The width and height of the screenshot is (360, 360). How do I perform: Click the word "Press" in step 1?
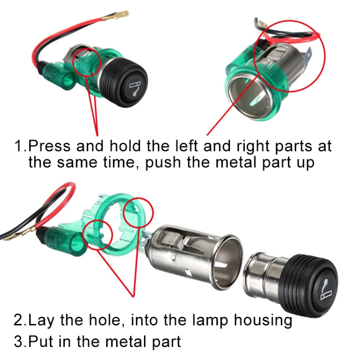click(x=49, y=146)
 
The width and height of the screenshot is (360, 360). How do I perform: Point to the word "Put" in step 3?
click(x=41, y=341)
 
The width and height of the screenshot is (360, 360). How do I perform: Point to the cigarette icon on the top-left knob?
click(x=134, y=87)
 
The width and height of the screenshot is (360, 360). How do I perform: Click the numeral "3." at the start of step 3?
click(x=21, y=341)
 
